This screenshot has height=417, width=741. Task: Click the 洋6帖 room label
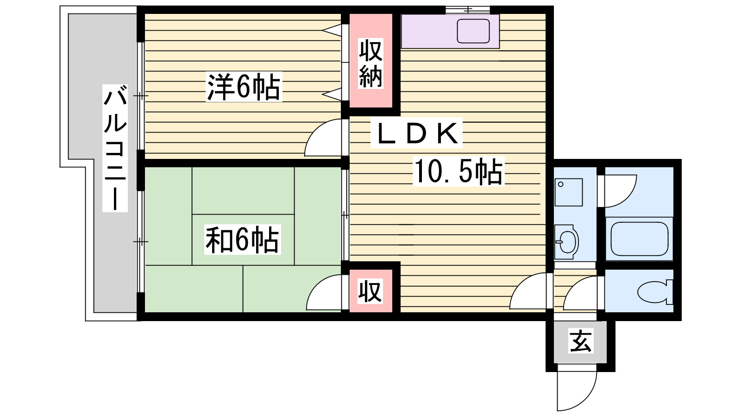pos(244,87)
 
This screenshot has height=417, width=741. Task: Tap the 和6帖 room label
pos(242,240)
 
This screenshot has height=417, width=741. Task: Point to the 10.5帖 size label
pos(458,171)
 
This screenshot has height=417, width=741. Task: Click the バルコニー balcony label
pos(115,148)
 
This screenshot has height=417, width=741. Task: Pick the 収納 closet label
pos(370,64)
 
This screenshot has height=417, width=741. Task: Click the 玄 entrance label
pos(581,343)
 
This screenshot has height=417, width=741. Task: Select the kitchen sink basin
pos(473,31)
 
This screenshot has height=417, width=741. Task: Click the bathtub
pos(639,239)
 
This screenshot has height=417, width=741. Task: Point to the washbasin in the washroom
pos(566,241)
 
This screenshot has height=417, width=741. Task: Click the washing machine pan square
pos(568,192)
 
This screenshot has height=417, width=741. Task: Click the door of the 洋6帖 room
pos(324,139)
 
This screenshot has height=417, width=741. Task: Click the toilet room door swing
pos(581,293)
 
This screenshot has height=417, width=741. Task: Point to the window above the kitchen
pos(468,10)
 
